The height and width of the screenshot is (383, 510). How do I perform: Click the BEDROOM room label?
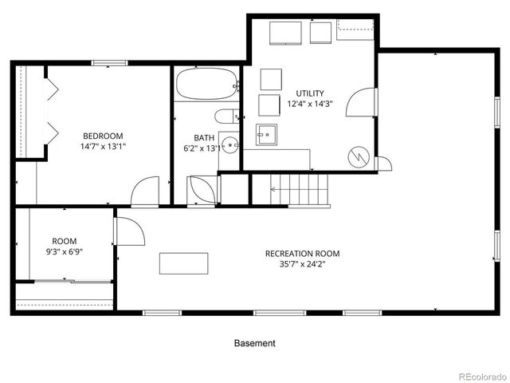tap(103, 135)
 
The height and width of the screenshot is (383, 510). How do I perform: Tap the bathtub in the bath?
tap(206, 82)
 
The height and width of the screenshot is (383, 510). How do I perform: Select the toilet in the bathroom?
tap(225, 116)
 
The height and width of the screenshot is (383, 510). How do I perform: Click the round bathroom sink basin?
tap(229, 144)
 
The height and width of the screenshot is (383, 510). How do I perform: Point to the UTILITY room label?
tap(310, 93)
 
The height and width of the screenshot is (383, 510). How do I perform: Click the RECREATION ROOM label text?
tap(302, 254)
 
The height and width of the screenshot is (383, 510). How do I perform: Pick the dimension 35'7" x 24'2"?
tap(302, 266)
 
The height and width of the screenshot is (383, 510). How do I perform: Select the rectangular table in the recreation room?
tap(184, 263)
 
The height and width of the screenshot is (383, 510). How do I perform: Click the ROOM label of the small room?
tap(64, 241)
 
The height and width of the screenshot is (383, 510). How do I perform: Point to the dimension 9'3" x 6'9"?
tap(64, 252)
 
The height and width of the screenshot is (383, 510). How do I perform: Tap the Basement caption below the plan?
tap(254, 343)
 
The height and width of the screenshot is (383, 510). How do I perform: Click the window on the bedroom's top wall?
tap(109, 63)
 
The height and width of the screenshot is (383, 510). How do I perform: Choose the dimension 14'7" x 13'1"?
tap(103, 146)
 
